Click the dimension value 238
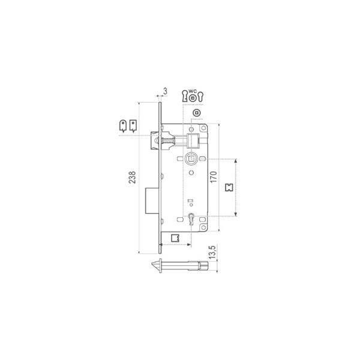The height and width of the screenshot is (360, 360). coord(132,177)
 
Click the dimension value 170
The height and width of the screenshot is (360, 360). coord(214,177)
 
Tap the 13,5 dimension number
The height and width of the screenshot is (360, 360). coord(212,253)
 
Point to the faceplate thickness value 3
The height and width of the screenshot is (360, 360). coord(165,91)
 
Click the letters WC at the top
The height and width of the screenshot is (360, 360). coord(193,91)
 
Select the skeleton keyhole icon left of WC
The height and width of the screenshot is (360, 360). coord(185,96)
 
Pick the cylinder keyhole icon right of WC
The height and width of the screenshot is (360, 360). coord(201,97)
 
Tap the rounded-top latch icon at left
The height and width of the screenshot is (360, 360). coord(123,126)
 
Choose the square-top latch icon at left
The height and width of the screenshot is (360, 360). coord(133,126)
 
